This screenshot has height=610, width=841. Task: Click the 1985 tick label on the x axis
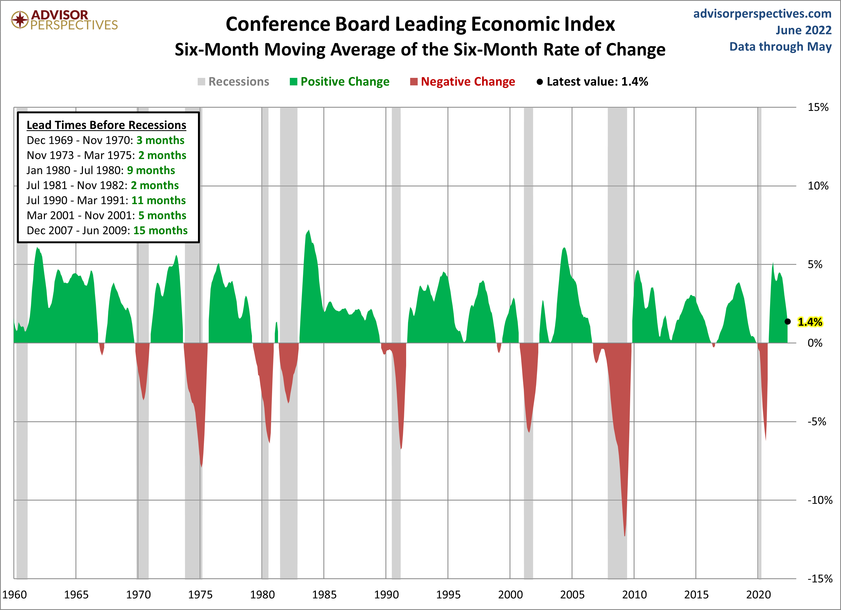[x=324, y=594]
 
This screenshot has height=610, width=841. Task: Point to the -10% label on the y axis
[x=820, y=500]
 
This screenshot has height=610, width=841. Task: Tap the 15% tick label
[x=818, y=107]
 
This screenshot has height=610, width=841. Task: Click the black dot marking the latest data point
[x=788, y=321]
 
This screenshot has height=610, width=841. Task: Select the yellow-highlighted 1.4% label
[x=810, y=322]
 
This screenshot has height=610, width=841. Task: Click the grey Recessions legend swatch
[x=201, y=82]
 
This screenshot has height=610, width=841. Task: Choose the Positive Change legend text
[x=345, y=82]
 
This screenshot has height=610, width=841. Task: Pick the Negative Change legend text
[x=468, y=82]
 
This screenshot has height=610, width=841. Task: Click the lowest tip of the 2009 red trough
[x=625, y=536]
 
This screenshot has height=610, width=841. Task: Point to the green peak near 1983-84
[x=309, y=231]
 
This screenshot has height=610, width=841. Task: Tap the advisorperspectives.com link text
[x=762, y=14]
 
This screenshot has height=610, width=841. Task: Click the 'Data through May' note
[x=780, y=46]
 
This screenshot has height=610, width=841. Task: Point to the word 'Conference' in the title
[x=278, y=24]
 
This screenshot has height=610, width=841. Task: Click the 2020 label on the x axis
[x=758, y=594]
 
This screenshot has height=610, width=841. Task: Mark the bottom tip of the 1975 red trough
[x=201, y=467]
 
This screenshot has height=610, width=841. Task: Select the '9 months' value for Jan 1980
[x=151, y=170]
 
